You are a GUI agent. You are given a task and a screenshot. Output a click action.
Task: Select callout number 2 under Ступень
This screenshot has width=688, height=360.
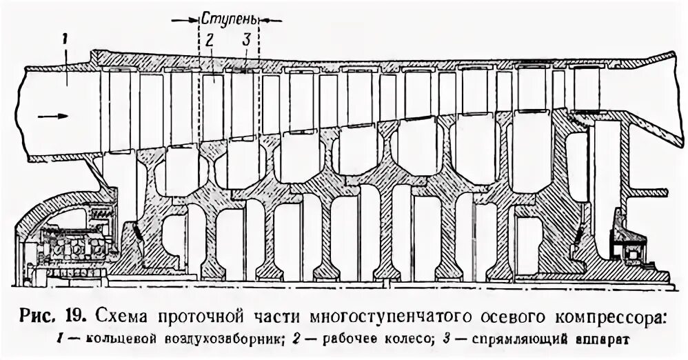[210, 41]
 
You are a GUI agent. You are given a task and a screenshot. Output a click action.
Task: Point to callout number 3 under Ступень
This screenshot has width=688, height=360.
[245, 41]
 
